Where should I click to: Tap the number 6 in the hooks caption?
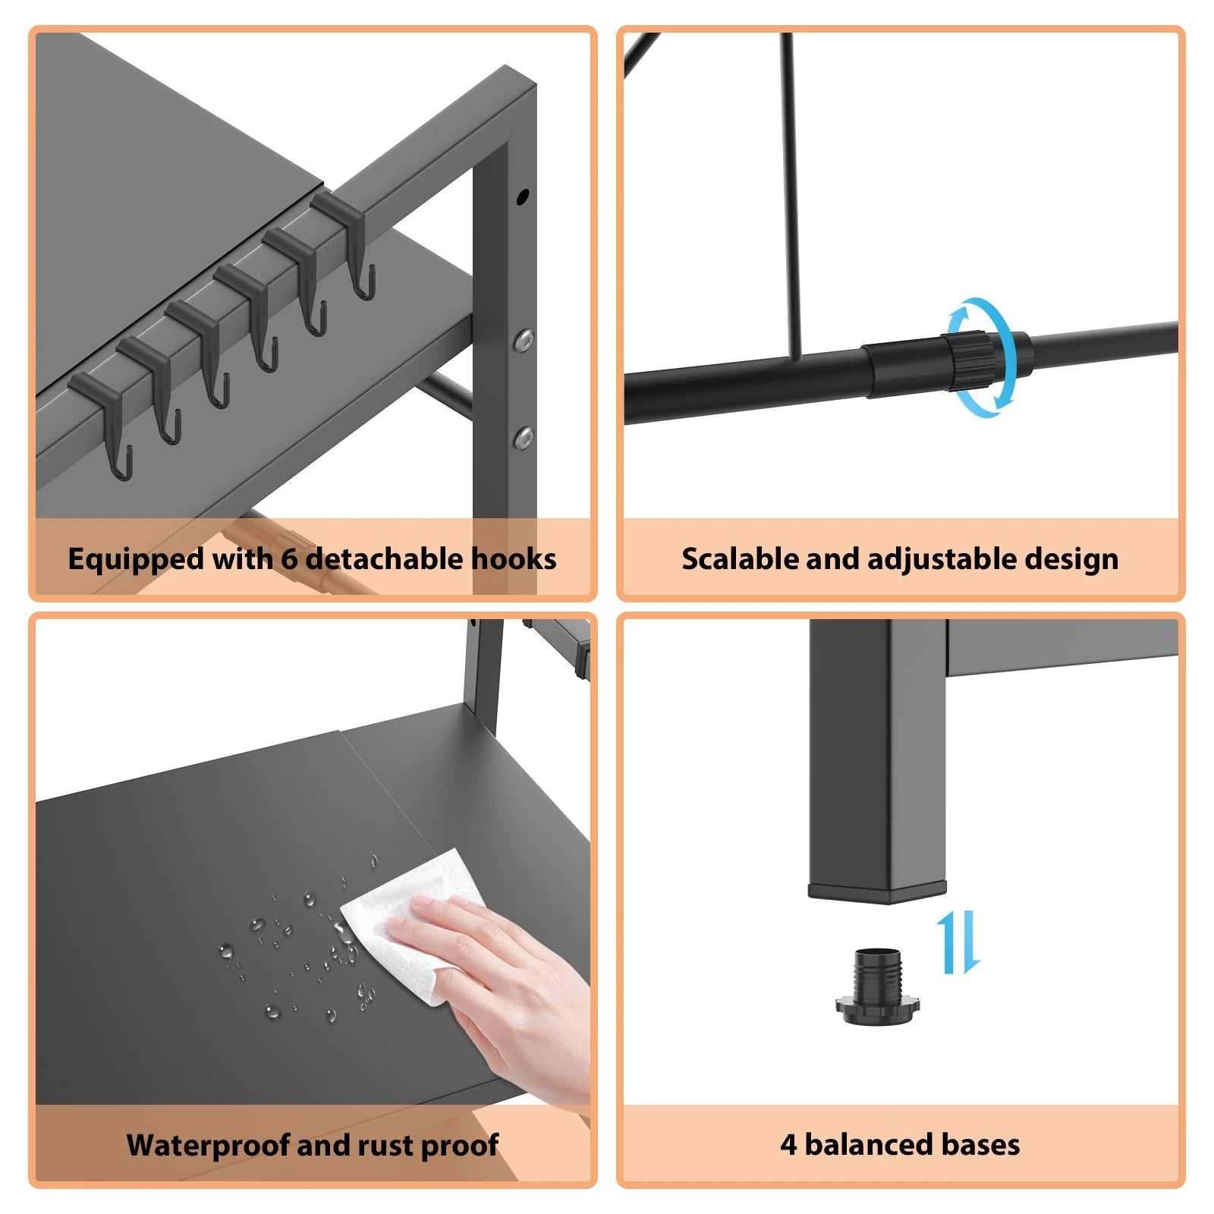289,559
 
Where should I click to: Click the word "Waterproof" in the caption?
208,1145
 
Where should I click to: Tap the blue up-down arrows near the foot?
958,943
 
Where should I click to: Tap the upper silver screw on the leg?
524,340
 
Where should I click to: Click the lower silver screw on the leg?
524,437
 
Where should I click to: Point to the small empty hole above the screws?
522,197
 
